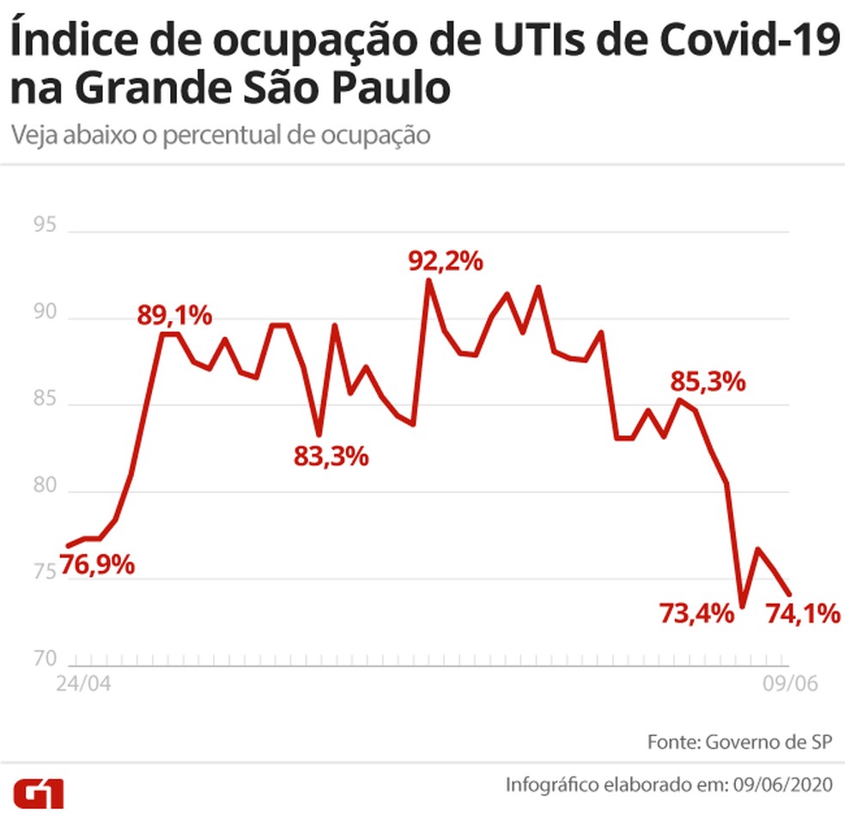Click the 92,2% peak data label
click(x=446, y=261)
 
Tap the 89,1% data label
click(x=174, y=315)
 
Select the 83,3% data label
click(x=331, y=456)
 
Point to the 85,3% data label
click(x=708, y=380)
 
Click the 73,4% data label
click(x=696, y=613)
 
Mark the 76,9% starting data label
click(x=97, y=566)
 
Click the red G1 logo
click(x=38, y=794)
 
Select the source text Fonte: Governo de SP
click(x=739, y=741)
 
